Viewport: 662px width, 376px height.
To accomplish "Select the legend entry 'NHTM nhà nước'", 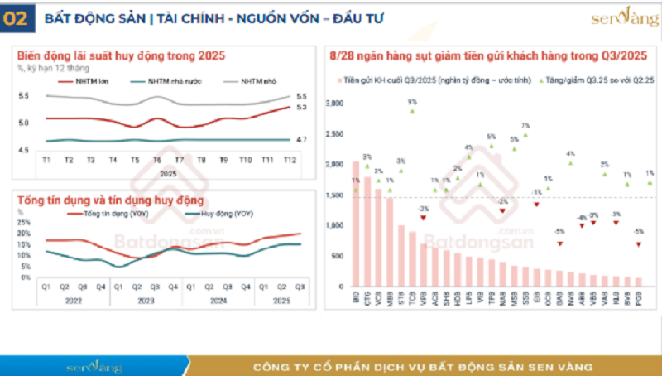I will pos(169,81).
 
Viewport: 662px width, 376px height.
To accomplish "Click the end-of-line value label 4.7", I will pos(301,140).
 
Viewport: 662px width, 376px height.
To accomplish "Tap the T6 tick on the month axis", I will pos(157,159).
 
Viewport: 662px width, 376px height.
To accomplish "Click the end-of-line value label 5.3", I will pos(301,107).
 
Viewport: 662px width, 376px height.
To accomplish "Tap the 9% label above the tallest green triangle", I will pos(412,101).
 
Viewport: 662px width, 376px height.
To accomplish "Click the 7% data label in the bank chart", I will pos(525,125).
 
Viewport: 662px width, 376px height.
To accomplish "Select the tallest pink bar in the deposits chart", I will pos(356,224).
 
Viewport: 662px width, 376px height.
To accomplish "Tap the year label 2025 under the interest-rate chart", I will pos(168,173).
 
